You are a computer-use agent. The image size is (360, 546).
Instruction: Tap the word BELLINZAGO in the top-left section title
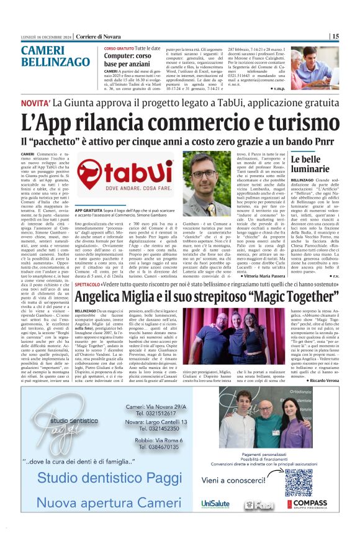click(x=55, y=62)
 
